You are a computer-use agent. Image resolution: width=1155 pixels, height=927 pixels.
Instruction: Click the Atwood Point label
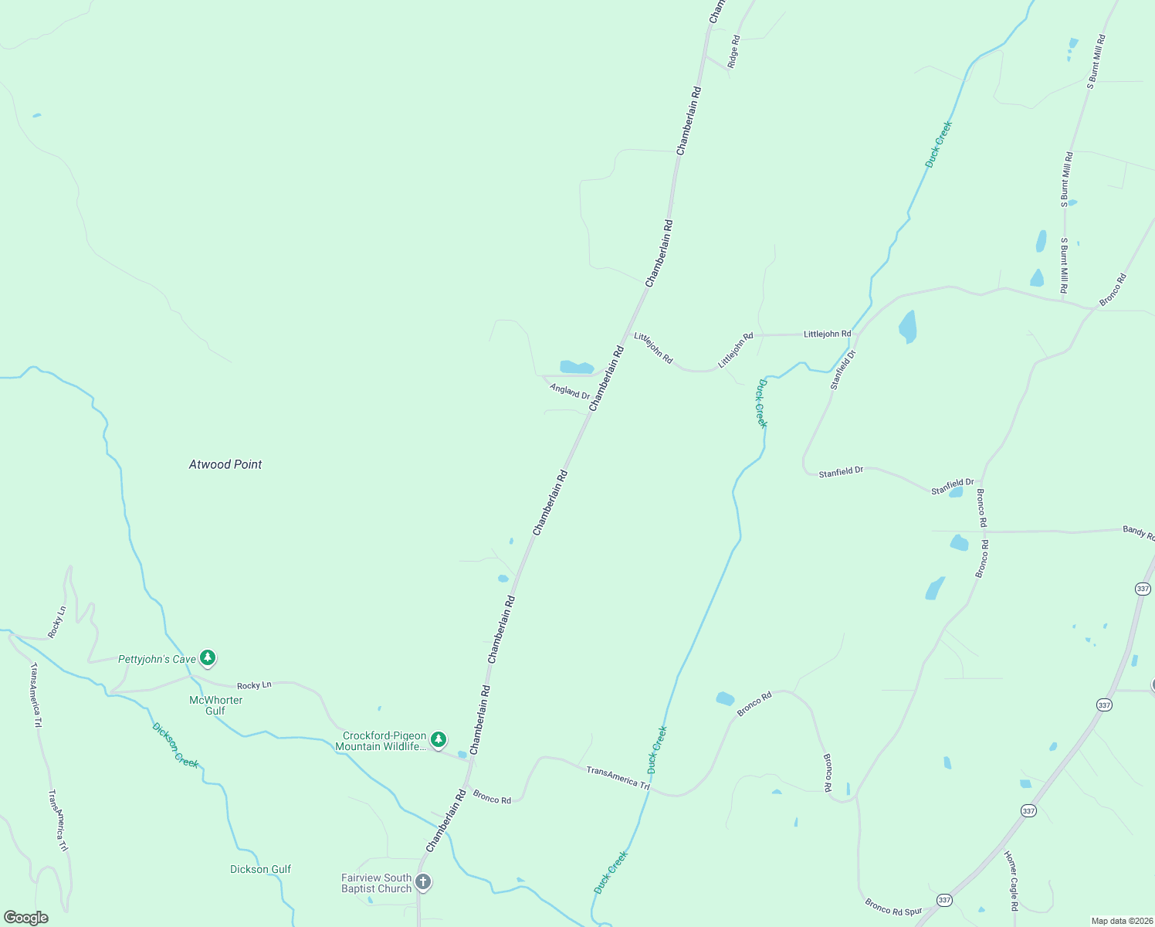(x=225, y=464)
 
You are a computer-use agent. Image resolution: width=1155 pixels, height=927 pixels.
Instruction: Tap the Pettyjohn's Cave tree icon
(x=207, y=658)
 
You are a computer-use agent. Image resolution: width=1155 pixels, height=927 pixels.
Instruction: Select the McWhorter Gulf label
(x=215, y=705)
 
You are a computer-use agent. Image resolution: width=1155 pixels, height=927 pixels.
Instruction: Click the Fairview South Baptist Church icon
(x=422, y=881)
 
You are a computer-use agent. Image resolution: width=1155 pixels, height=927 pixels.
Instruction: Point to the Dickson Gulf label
(x=260, y=869)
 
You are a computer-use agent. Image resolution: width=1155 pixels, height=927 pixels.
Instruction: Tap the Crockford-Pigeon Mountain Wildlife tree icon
(x=439, y=740)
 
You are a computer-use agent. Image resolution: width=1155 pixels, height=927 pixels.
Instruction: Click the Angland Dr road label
(x=570, y=391)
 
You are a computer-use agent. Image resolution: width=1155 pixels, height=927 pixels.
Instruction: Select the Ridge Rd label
(x=734, y=51)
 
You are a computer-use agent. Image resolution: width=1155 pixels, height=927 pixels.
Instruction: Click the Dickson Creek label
(x=175, y=745)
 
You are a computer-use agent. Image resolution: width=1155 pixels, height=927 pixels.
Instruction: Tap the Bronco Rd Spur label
(x=893, y=907)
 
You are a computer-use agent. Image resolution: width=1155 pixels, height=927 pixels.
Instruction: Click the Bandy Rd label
(x=1138, y=532)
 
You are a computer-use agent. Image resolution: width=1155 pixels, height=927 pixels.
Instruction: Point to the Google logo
(x=25, y=917)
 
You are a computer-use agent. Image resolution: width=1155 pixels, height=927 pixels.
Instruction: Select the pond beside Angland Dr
(x=577, y=367)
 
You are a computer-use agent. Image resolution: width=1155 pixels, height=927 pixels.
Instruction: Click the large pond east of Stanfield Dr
(x=908, y=327)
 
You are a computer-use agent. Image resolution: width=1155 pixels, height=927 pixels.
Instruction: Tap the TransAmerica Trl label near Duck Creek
(x=618, y=776)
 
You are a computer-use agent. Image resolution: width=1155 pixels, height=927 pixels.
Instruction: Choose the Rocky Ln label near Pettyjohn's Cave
(x=254, y=685)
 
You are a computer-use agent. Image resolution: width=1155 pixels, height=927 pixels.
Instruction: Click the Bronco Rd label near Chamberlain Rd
(x=492, y=797)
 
